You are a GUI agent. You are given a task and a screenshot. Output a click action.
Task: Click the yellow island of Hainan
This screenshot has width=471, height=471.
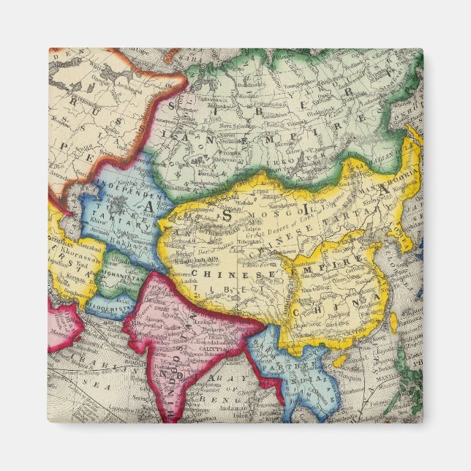click(339, 361)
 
